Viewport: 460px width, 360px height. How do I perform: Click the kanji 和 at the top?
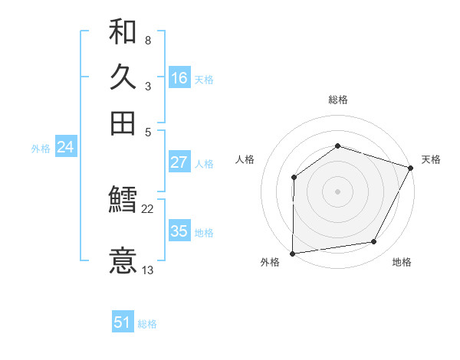123,32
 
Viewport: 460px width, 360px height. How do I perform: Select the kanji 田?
123,122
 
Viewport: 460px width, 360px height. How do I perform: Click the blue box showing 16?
179,78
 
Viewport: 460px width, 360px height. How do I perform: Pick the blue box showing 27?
179,162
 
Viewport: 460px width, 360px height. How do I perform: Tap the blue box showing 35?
179,231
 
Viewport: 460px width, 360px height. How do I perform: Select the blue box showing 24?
65,148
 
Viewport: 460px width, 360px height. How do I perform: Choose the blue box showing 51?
123,322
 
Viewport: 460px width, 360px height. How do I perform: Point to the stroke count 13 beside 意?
148,270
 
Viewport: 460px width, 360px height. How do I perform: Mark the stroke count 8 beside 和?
147,39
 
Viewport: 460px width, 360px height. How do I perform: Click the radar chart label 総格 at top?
338,100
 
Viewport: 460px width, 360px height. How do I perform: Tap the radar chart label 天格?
431,159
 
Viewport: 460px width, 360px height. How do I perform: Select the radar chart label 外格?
270,262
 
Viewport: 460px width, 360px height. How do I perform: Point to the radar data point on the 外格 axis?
293,254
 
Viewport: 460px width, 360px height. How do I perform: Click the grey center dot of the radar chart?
338,191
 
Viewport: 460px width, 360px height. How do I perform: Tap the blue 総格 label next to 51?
147,324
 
